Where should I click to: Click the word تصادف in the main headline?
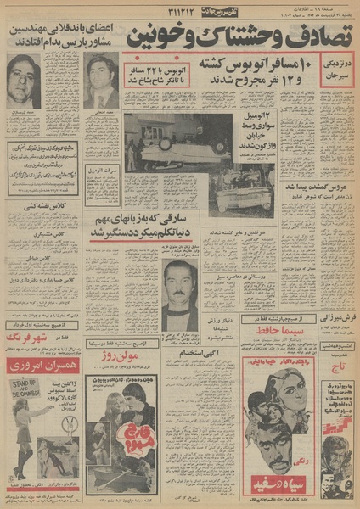313,37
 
